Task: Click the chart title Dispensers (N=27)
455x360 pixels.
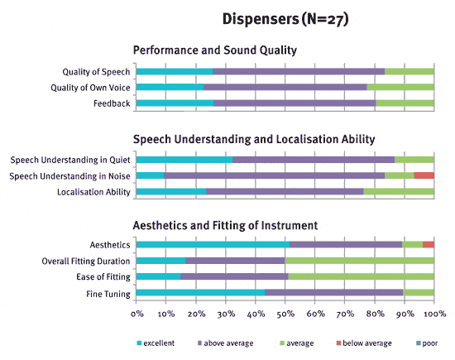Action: click(x=285, y=19)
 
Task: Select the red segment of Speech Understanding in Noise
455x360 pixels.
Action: click(x=424, y=175)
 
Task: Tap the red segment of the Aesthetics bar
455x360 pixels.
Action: click(x=429, y=244)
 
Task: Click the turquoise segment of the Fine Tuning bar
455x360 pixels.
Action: click(x=200, y=292)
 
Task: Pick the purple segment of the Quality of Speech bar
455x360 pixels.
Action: click(x=299, y=71)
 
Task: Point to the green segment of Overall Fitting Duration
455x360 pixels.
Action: click(x=360, y=261)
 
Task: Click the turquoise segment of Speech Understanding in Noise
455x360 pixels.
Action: click(x=150, y=175)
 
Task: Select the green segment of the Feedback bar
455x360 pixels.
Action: click(x=405, y=103)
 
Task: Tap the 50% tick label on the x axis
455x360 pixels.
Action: click(x=285, y=314)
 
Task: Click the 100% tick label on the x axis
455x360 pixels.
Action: click(x=434, y=314)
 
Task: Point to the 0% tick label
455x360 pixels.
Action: click(x=137, y=314)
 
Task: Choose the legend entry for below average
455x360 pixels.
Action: click(x=364, y=343)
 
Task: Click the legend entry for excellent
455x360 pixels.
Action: click(x=156, y=343)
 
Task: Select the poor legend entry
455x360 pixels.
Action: click(x=427, y=343)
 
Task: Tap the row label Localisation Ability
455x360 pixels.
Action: click(x=93, y=192)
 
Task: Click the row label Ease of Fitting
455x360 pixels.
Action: click(x=103, y=276)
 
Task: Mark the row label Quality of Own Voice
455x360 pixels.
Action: click(x=90, y=88)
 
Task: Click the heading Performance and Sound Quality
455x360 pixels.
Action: click(x=215, y=50)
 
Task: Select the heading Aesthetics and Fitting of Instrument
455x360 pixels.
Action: click(x=225, y=226)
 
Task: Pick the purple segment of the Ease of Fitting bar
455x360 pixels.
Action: click(x=234, y=276)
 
